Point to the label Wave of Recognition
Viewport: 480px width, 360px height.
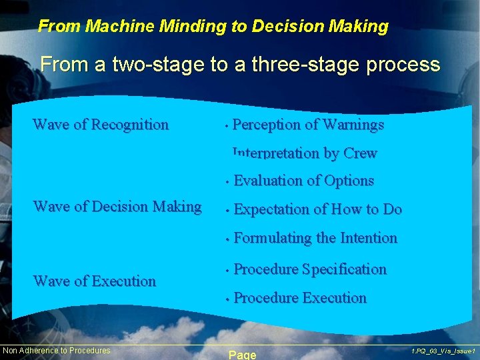(101, 125)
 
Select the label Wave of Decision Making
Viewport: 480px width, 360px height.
(117, 207)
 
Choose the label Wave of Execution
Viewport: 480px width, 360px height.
(94, 281)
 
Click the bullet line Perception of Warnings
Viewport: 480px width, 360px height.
(308, 125)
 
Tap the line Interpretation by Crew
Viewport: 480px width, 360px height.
(305, 153)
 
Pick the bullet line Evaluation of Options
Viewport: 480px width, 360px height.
(303, 181)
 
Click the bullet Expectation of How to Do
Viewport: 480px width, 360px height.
(317, 209)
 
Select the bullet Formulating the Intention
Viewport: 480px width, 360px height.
(315, 238)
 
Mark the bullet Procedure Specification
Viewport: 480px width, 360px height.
(310, 269)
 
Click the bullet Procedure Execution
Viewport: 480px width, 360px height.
(300, 298)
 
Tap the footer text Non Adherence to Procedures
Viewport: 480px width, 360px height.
(57, 351)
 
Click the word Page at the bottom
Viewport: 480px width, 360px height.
(242, 355)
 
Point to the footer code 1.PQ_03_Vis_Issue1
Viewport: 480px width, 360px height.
(443, 351)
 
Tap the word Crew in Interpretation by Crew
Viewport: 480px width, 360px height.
(360, 153)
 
